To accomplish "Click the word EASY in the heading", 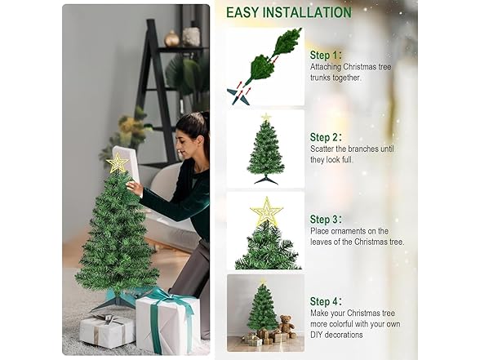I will [243, 12].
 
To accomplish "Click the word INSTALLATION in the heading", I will [307, 12].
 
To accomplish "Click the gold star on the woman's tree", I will [118, 163].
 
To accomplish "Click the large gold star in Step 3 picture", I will [266, 212].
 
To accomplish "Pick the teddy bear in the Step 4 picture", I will [287, 325].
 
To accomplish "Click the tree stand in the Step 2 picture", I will [265, 179].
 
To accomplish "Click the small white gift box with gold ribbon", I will [107, 330].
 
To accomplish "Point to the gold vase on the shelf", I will [171, 38].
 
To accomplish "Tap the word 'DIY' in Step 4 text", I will [318, 335].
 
